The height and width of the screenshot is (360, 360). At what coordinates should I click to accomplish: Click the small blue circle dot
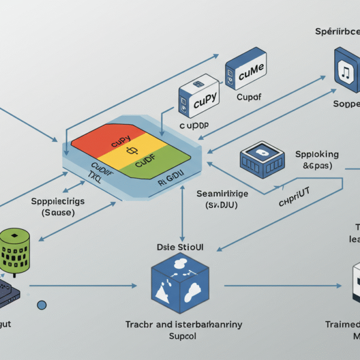click(42, 305)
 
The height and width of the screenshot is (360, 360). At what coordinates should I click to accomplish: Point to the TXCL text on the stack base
click(96, 178)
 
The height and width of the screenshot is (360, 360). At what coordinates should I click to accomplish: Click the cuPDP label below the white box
click(195, 127)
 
